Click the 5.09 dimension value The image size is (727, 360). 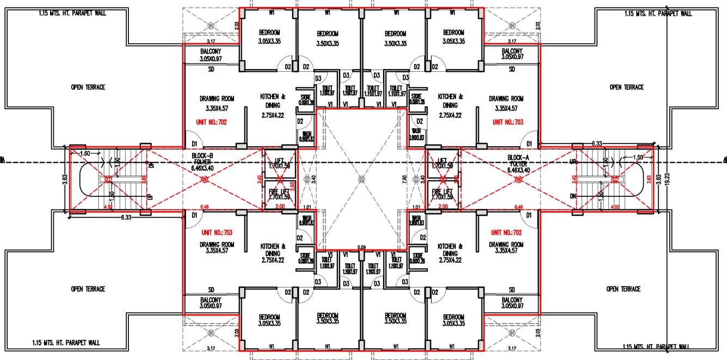click(361, 247)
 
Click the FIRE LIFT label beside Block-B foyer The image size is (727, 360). click(279, 195)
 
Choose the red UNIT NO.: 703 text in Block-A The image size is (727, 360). click(508, 122)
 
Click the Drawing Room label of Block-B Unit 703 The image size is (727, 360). click(217, 247)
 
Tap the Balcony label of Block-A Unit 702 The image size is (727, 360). click(512, 302)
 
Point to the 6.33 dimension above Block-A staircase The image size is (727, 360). click(597, 144)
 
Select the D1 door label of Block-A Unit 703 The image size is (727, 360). click(527, 144)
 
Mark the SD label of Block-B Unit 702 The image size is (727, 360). click(211, 70)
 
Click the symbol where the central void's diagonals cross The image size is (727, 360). click(362, 178)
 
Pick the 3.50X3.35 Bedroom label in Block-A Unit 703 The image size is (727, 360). click(396, 36)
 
